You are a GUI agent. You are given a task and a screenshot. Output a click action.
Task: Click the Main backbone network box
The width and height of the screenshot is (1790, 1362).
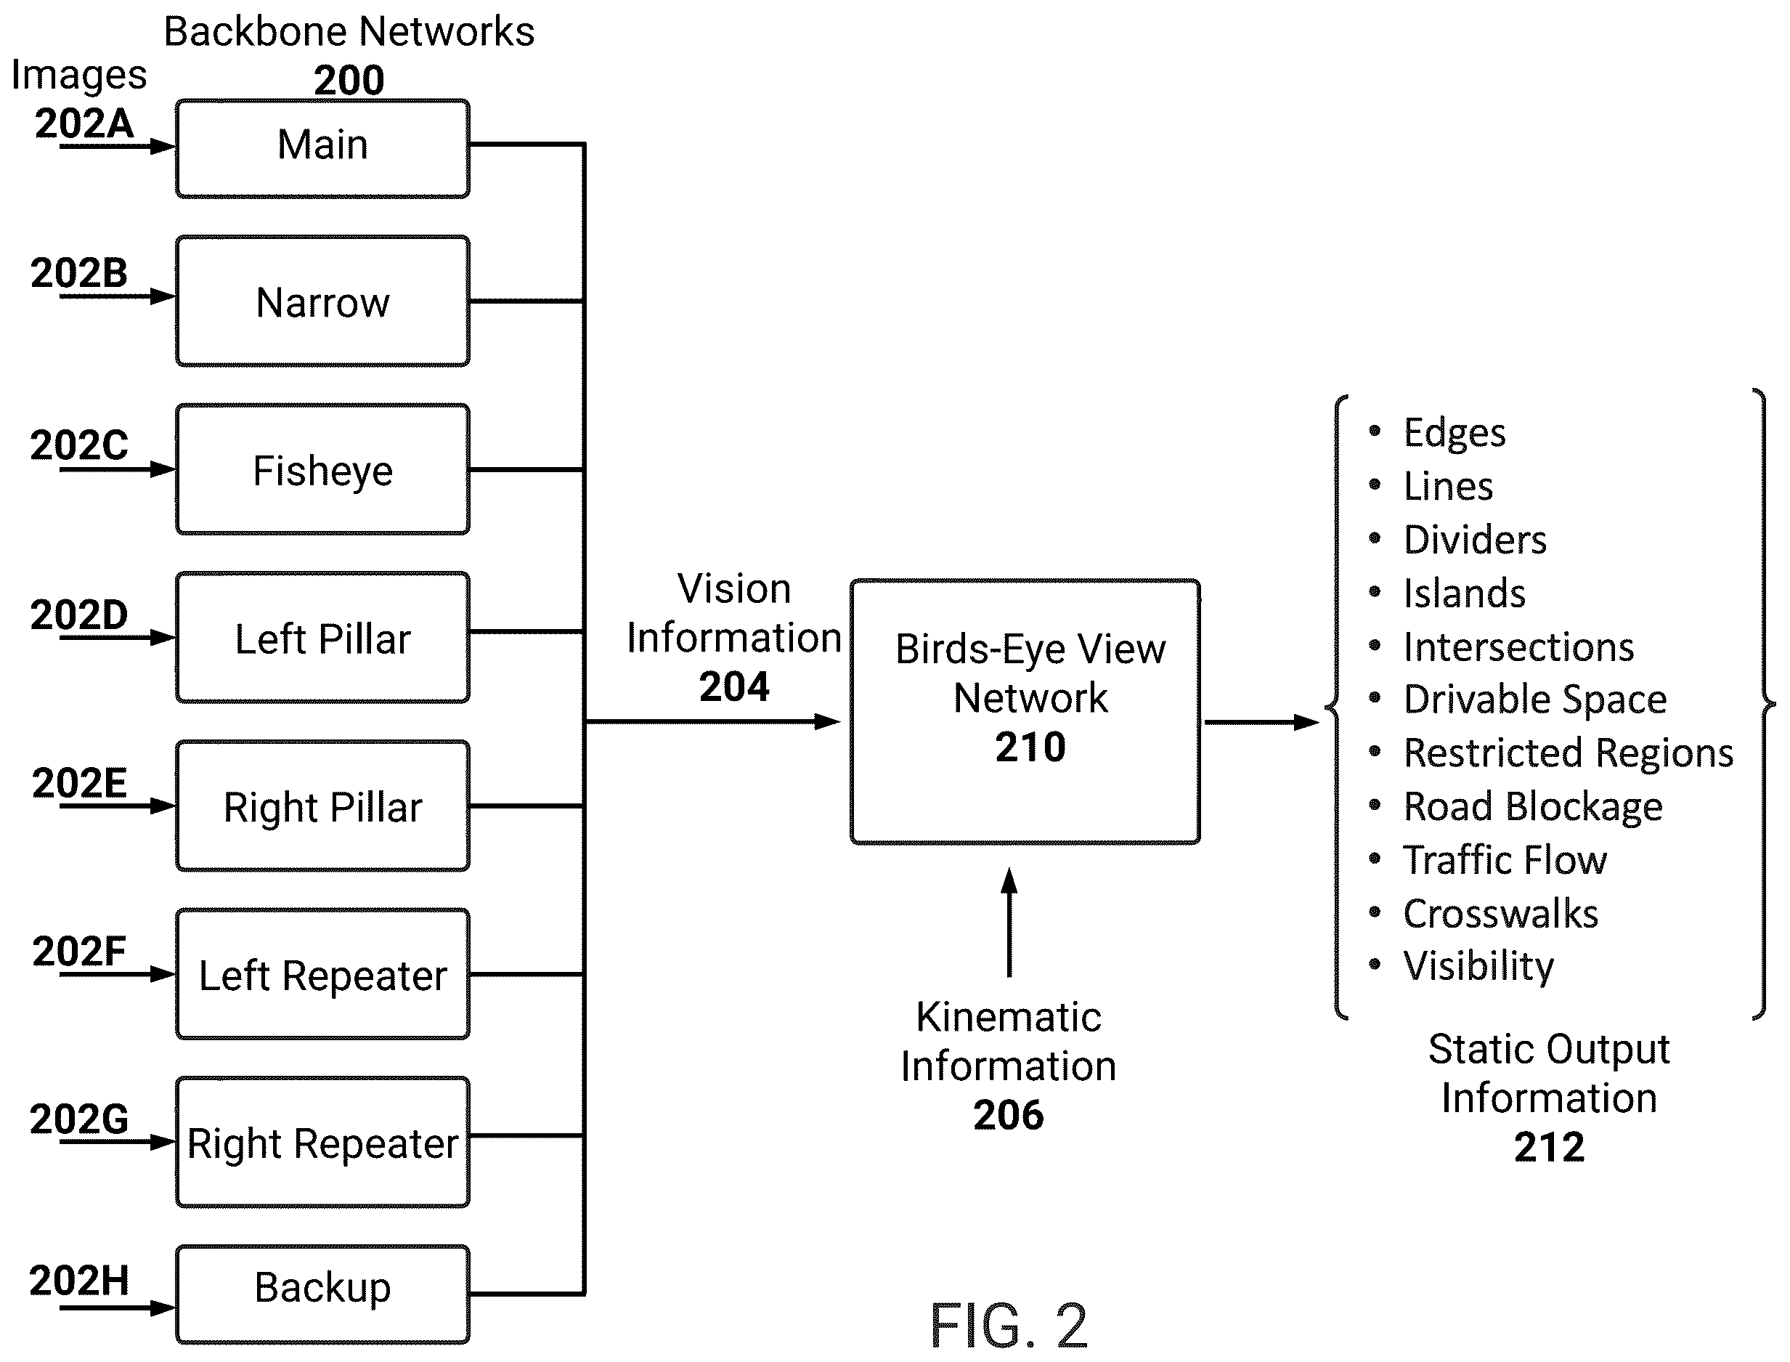pyautogui.click(x=322, y=147)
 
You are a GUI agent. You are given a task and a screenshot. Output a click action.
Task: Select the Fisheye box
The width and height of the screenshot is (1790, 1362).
pyautogui.click(x=322, y=469)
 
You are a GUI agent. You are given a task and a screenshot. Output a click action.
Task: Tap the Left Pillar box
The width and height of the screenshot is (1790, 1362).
pyautogui.click(x=322, y=637)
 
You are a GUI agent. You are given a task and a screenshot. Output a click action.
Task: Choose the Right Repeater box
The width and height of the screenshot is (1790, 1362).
pyautogui.click(x=322, y=1143)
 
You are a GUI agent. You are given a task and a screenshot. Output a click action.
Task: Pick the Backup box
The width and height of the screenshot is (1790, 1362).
pyautogui.click(x=322, y=1294)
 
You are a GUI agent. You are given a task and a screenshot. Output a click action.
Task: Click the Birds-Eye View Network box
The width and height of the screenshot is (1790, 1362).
pyautogui.click(x=1025, y=712)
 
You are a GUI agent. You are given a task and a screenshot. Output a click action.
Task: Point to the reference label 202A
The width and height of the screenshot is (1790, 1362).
pyautogui.click(x=84, y=123)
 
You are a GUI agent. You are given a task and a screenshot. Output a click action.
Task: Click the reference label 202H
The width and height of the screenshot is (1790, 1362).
pyautogui.click(x=78, y=1280)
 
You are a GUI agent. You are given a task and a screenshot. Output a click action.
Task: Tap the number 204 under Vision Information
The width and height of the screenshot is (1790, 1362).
pyautogui.click(x=734, y=686)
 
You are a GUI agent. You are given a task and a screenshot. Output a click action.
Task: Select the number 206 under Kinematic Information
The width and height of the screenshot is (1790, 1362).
pyautogui.click(x=1008, y=1115)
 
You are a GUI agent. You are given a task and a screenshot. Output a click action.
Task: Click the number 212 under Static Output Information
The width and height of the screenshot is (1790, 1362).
pyautogui.click(x=1548, y=1147)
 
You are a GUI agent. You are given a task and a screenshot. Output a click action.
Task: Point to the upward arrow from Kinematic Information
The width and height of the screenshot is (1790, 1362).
pyautogui.click(x=1009, y=923)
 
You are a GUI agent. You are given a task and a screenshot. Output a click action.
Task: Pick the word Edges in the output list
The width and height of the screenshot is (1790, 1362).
pyautogui.click(x=1455, y=433)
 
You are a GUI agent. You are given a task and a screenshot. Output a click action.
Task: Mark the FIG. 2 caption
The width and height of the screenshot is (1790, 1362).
pyautogui.click(x=1008, y=1325)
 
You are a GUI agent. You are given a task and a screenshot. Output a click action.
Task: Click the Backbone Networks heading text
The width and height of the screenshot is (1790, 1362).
pyautogui.click(x=349, y=33)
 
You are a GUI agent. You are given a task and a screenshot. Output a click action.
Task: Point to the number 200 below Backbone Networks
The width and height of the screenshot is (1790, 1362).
pyautogui.click(x=349, y=80)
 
